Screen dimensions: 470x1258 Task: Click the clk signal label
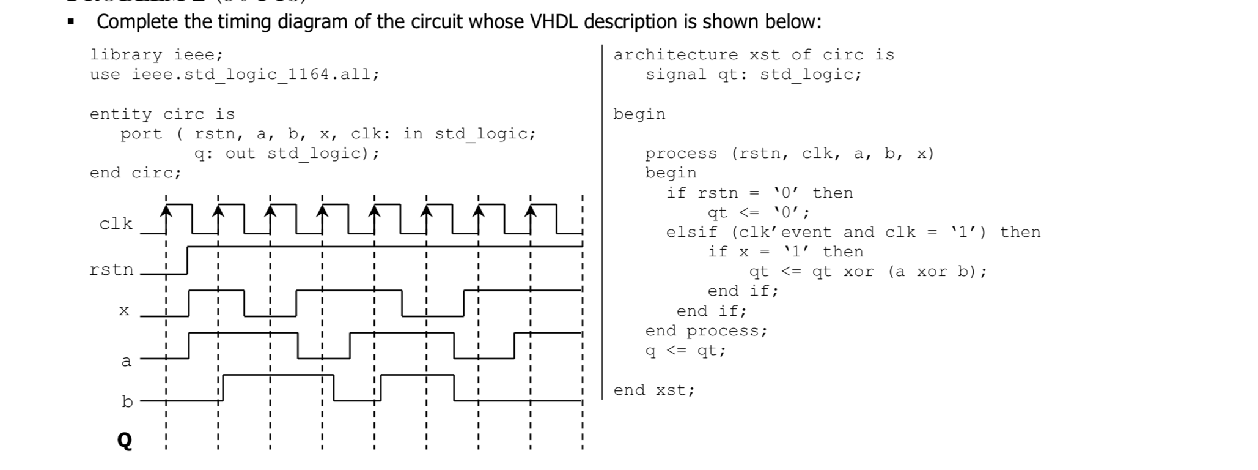(x=116, y=224)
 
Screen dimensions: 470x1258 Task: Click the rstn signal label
(x=111, y=270)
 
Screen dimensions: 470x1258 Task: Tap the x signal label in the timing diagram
(x=124, y=311)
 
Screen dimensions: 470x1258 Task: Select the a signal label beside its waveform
(x=126, y=361)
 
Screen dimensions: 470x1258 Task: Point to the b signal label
(x=127, y=402)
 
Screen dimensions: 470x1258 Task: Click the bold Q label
(x=124, y=440)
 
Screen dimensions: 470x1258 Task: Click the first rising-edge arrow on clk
(x=166, y=211)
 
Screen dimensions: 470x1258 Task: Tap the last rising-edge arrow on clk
(x=531, y=211)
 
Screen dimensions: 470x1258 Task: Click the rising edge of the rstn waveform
(x=187, y=260)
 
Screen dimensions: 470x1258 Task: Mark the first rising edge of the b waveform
(x=223, y=387)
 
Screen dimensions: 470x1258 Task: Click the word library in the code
(x=126, y=55)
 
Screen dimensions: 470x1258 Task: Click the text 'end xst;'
(x=654, y=390)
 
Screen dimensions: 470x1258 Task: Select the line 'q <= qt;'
(x=685, y=351)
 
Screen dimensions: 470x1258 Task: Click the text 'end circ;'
(x=136, y=173)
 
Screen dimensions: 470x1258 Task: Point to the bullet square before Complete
(x=72, y=23)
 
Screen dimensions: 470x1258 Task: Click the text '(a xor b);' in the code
(x=937, y=272)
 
